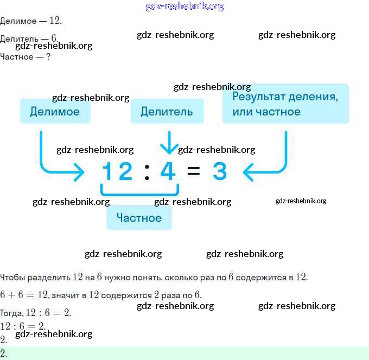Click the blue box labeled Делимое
(55, 112)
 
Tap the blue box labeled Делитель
(167, 112)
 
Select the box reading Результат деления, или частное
(285, 104)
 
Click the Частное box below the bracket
(139, 218)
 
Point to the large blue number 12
(117, 172)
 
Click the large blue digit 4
(168, 172)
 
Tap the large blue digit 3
(219, 172)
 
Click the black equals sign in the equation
(194, 172)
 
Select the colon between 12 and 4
(147, 172)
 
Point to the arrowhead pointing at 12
(79, 173)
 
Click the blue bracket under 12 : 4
(139, 192)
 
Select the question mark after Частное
(48, 56)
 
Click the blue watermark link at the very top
(184, 7)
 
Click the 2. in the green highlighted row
(4, 353)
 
